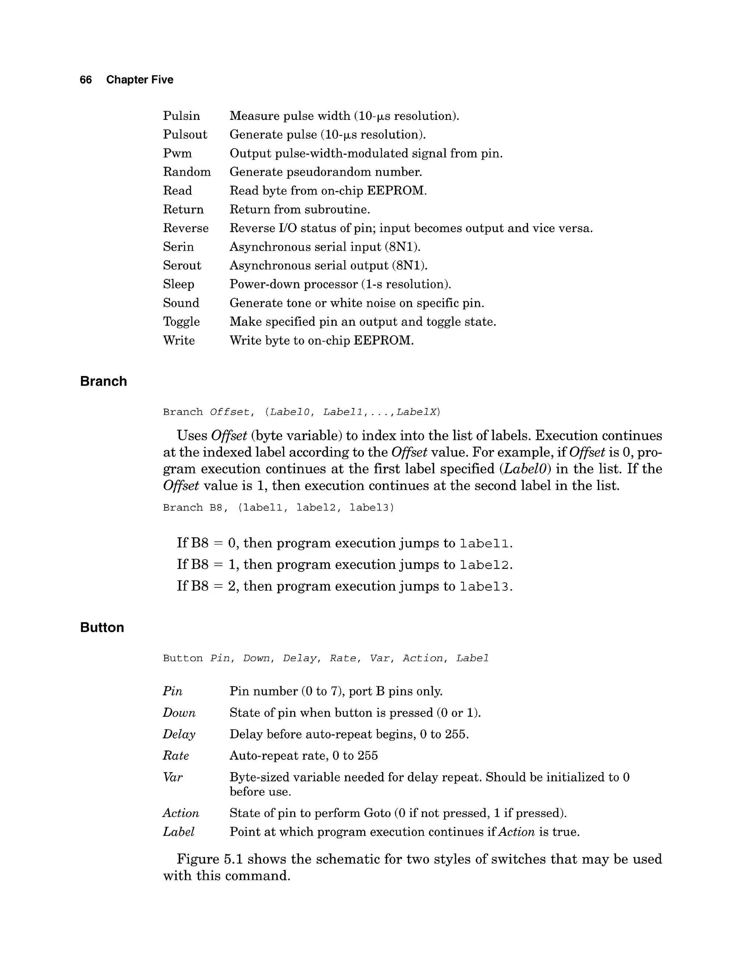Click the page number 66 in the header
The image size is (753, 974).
pos(86,80)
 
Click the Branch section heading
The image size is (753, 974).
pos(103,381)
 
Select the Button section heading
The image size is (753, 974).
pos(102,627)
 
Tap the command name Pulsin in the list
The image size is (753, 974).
pos(181,116)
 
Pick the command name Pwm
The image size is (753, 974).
pos(177,153)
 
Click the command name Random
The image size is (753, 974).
pos(186,172)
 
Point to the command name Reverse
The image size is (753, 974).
pos(186,228)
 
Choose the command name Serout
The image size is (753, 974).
pos(182,266)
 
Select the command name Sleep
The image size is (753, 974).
pos(178,284)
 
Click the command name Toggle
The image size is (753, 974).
pos(181,322)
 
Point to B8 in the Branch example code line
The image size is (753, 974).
pos(216,508)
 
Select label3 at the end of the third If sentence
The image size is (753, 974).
pos(484,587)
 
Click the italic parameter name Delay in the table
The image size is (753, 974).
pos(179,734)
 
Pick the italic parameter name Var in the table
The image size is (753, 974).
pos(173,777)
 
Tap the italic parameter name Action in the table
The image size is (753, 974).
pos(181,813)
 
